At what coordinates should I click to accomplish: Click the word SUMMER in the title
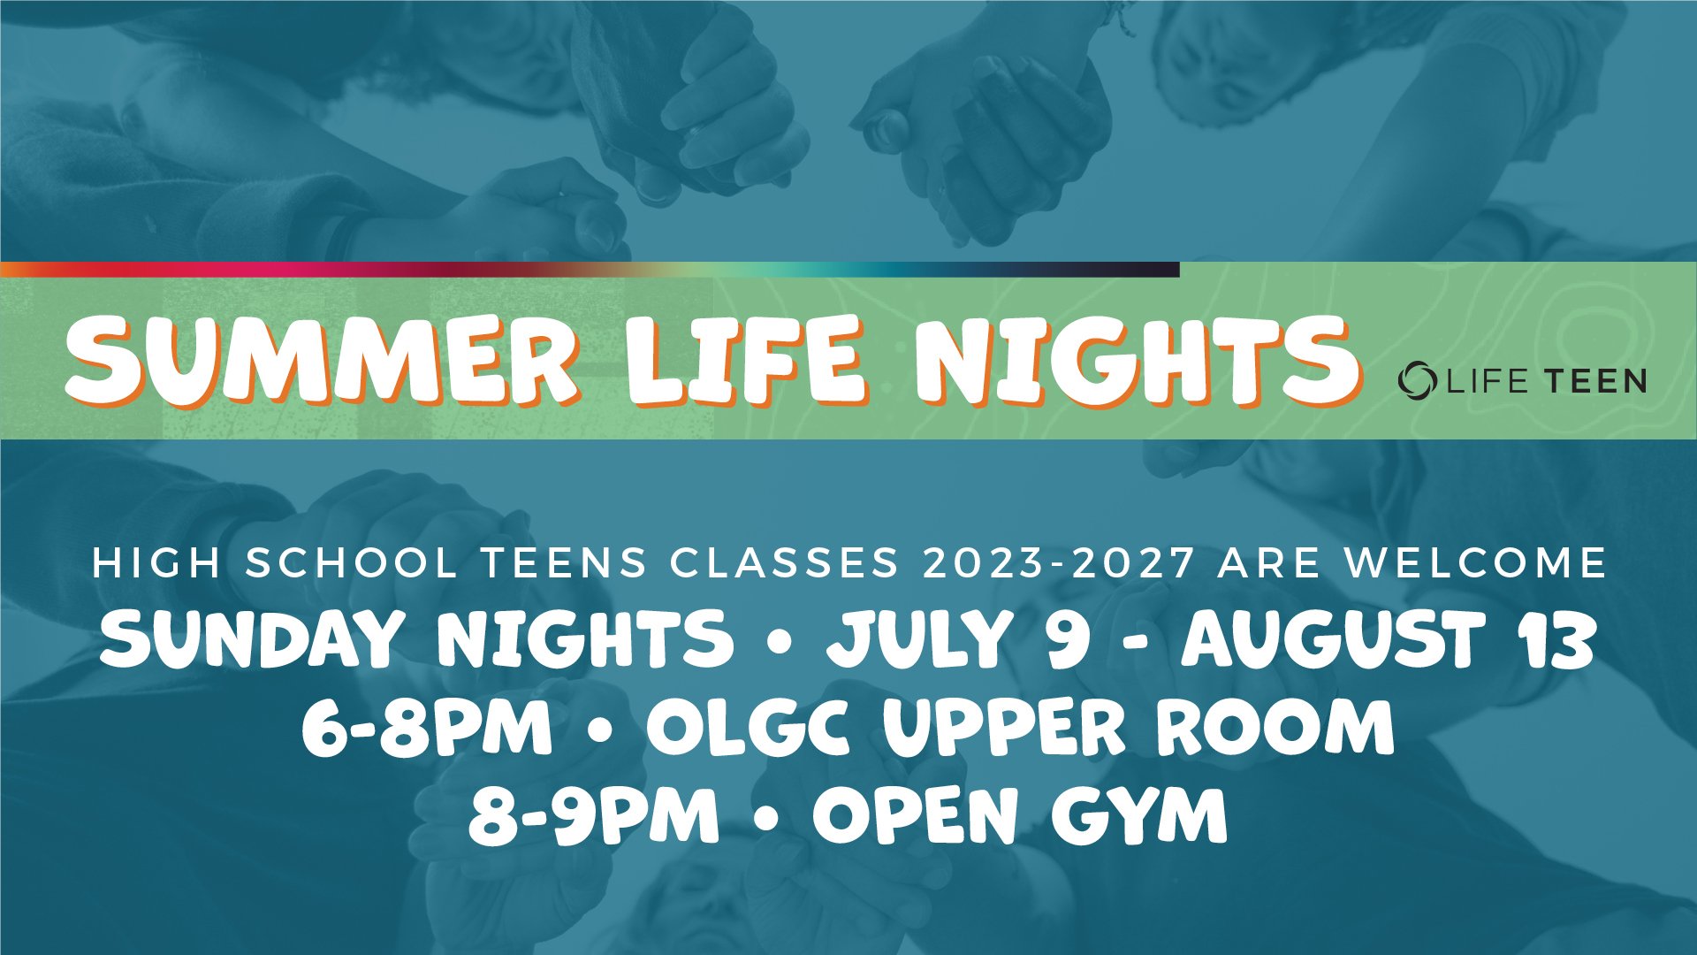[322, 361]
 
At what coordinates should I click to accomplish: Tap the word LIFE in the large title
[746, 361]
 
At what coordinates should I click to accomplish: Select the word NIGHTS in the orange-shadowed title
[1135, 361]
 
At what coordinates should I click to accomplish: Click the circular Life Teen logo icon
[1418, 380]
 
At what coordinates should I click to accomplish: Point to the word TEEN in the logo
[1595, 381]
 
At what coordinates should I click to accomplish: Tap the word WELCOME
[1475, 563]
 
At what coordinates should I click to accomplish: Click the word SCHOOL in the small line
[351, 563]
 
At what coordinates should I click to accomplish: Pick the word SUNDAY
[250, 638]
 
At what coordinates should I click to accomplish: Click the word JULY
[919, 638]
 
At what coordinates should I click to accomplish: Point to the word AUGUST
[1333, 638]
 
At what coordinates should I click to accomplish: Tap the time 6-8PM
[427, 728]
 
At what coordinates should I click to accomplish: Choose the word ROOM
[1275, 728]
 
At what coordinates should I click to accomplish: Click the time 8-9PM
[593, 815]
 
